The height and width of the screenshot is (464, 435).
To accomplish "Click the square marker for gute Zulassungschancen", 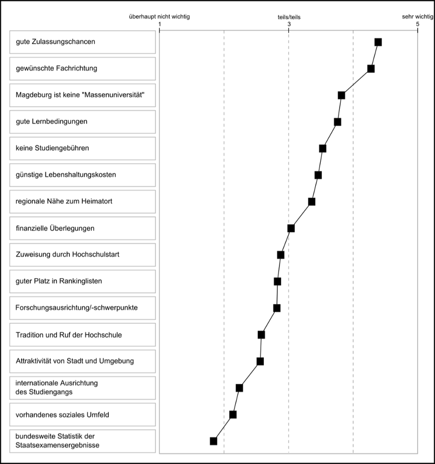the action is click(x=378, y=42).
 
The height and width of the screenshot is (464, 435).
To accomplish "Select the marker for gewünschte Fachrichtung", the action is click(x=371, y=69).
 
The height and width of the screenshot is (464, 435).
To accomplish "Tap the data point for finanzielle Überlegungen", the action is click(x=291, y=228).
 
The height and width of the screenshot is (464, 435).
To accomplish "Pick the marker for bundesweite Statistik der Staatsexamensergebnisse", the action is click(x=213, y=441).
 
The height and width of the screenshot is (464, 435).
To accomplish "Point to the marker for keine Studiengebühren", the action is click(x=323, y=149).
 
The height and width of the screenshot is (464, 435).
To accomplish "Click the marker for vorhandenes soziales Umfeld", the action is click(x=233, y=415).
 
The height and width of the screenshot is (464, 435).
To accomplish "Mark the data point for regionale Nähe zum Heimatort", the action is click(x=311, y=202).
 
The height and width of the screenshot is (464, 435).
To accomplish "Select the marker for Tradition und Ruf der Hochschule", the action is click(x=261, y=334).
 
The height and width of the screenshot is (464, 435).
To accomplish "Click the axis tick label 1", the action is click(x=160, y=24).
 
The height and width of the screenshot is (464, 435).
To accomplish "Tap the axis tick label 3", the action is click(x=289, y=24).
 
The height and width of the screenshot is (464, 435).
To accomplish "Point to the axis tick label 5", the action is click(x=418, y=24).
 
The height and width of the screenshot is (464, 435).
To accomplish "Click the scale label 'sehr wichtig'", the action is click(x=418, y=17).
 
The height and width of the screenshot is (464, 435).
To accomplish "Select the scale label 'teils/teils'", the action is click(x=289, y=17).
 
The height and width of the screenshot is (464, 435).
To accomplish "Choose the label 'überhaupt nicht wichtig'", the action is click(x=159, y=17).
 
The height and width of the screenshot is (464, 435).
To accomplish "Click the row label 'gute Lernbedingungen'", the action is click(x=51, y=121).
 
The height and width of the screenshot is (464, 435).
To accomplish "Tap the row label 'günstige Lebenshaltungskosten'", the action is click(x=66, y=175).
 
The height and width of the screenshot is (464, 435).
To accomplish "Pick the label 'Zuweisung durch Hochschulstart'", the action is click(x=67, y=254).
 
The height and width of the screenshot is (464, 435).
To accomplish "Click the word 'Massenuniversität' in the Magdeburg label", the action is click(x=114, y=95).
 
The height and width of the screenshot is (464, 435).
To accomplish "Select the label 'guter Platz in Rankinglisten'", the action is click(x=59, y=281).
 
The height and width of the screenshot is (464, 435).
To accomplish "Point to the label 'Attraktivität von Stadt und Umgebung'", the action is click(x=75, y=361).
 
